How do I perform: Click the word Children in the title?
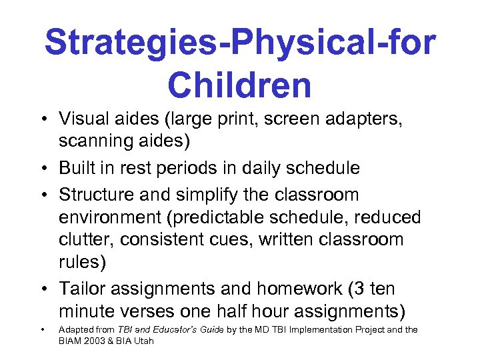tap(239, 85)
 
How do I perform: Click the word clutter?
tap(83, 239)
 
